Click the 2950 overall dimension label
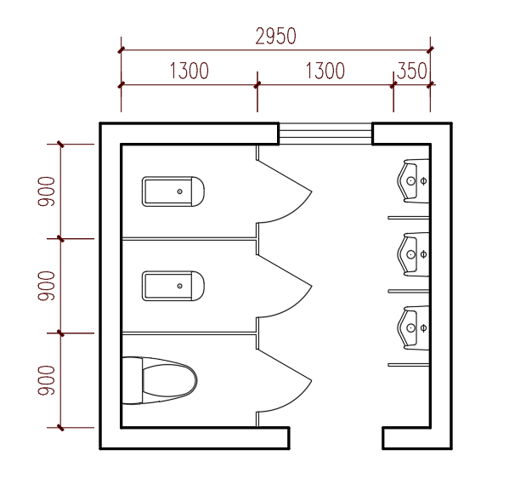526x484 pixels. [x=276, y=37]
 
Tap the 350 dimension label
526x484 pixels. [x=411, y=71]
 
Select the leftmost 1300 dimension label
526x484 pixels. [x=189, y=71]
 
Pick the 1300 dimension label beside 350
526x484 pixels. [x=325, y=71]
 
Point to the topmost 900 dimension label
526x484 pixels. [x=46, y=191]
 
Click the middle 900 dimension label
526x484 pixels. [x=46, y=286]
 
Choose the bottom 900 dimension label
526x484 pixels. [x=46, y=380]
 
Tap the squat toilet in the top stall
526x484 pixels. [x=173, y=191]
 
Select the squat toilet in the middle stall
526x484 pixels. [x=173, y=286]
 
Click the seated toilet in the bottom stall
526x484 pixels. [x=160, y=380]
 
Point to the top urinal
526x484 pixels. [x=413, y=181]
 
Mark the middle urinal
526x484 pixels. [x=413, y=254]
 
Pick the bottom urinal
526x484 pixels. [x=413, y=327]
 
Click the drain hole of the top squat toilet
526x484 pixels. [x=180, y=191]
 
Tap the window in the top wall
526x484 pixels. [x=325, y=134]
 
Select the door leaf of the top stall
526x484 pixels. [x=285, y=176]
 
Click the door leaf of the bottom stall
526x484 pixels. [x=285, y=365]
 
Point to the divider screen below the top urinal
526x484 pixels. [x=409, y=218]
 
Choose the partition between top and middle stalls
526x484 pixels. [x=189, y=239]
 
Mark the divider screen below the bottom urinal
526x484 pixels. [x=409, y=365]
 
